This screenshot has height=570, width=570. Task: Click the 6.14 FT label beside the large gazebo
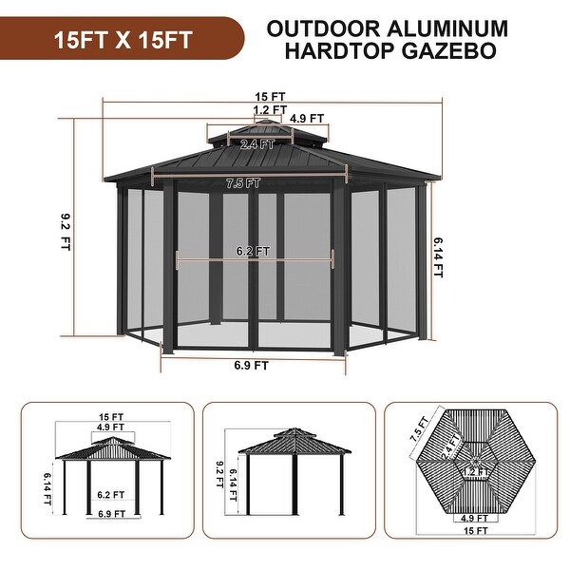point(438,256)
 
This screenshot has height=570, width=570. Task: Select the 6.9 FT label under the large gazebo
point(251,364)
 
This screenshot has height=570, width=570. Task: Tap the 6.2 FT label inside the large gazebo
point(254,252)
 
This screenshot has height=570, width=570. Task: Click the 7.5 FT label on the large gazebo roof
point(243,183)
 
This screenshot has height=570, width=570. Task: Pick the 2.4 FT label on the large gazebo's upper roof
point(256,144)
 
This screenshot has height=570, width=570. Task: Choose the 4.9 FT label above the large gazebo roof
point(306,120)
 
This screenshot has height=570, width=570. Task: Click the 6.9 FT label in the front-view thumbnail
point(111,514)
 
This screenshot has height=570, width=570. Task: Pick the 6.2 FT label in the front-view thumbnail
point(111,494)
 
